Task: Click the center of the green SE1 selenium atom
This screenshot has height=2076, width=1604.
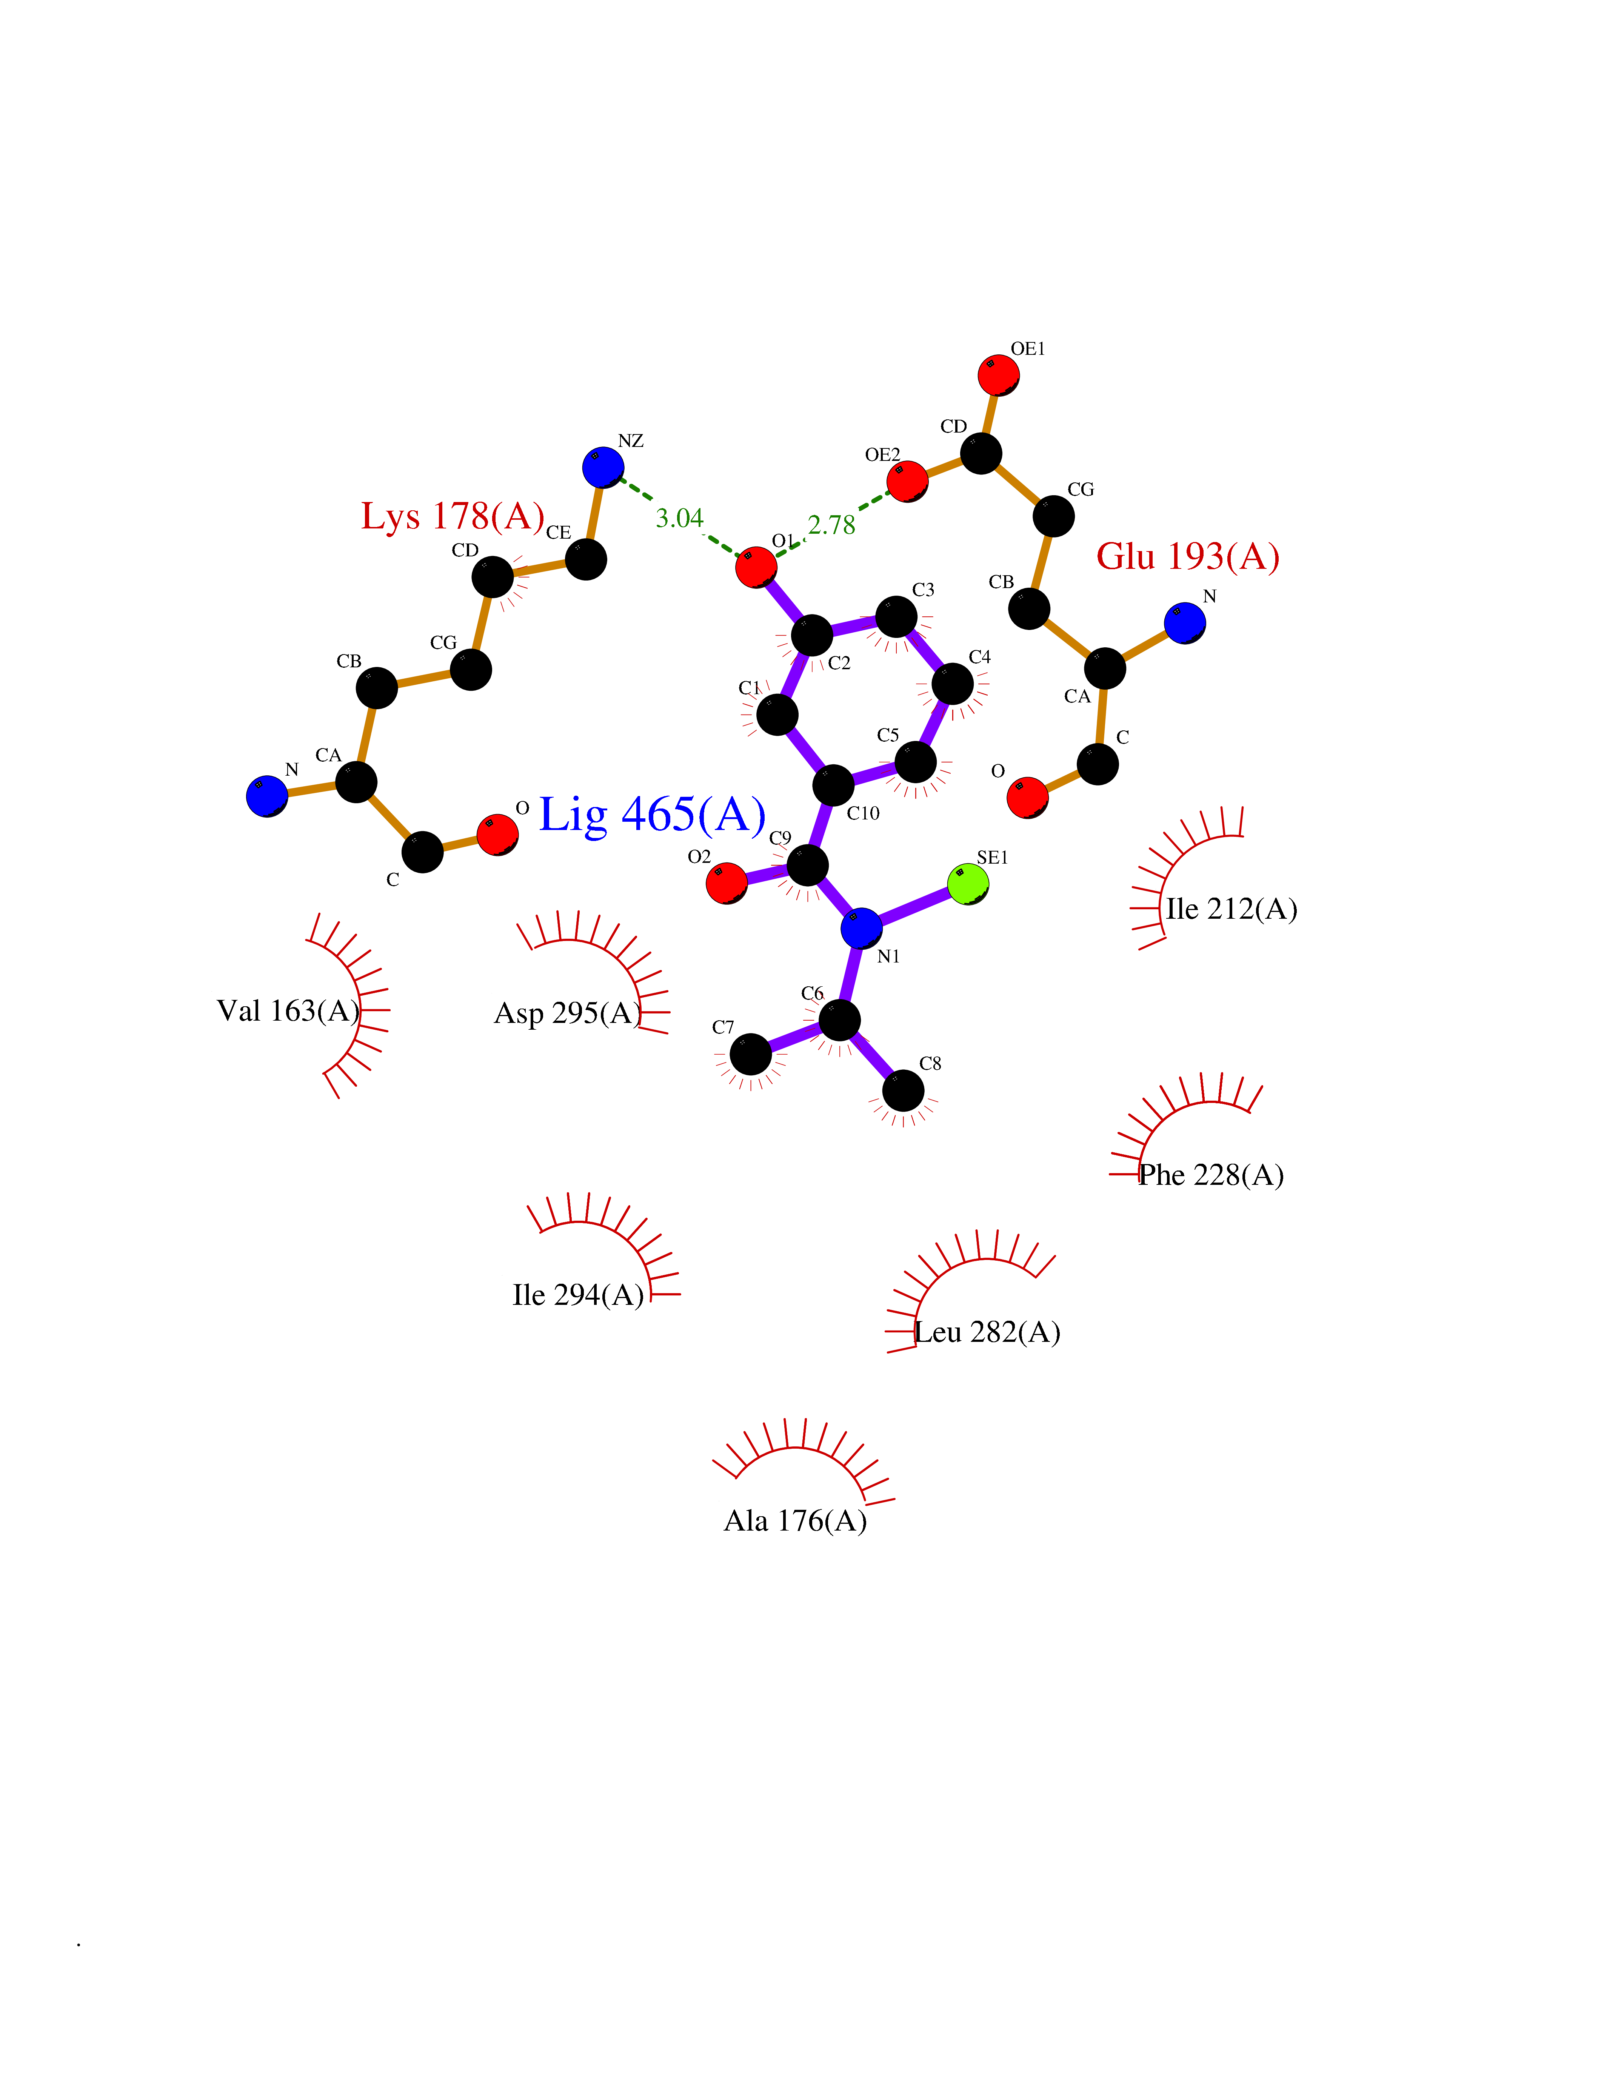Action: click(968, 884)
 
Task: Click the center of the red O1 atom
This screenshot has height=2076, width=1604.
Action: click(756, 567)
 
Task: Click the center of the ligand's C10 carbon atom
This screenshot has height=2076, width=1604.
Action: click(833, 785)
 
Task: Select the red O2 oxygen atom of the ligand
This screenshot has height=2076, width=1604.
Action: click(727, 883)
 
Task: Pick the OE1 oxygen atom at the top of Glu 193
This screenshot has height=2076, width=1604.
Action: click(999, 376)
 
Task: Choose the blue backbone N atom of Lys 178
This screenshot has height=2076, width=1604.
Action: click(267, 796)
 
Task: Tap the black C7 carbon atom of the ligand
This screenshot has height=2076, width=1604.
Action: click(751, 1055)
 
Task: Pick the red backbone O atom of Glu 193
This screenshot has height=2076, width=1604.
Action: click(1027, 796)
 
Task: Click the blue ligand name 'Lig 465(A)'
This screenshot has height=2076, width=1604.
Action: click(652, 815)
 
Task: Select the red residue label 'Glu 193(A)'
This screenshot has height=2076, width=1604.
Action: click(1188, 556)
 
